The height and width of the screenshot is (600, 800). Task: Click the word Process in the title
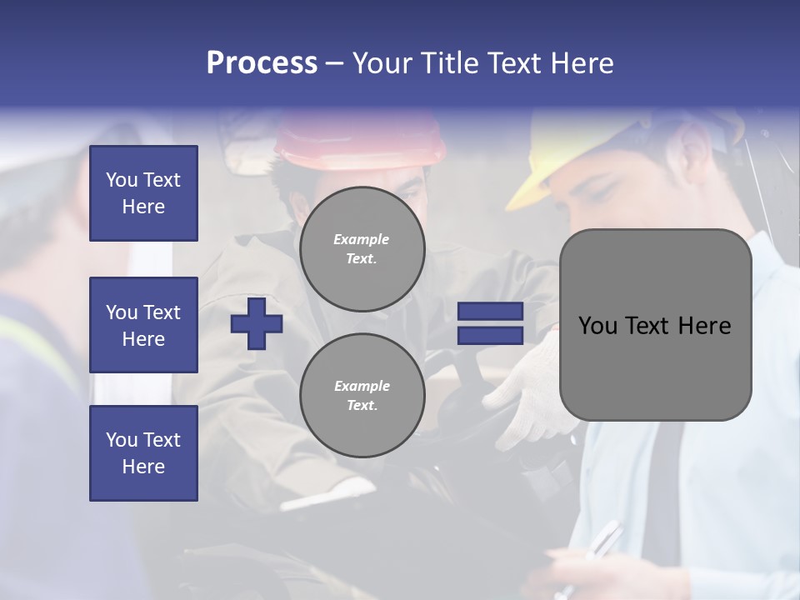tap(262, 63)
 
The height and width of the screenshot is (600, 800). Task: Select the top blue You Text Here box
tap(143, 193)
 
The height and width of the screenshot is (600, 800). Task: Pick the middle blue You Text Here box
tap(143, 325)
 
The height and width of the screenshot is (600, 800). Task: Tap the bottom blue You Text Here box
tap(143, 453)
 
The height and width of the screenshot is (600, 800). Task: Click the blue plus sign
tap(257, 323)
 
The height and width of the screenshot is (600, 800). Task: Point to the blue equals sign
tap(490, 323)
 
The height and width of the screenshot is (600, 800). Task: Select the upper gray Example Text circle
tap(362, 249)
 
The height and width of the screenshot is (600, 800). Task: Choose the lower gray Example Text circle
tap(362, 396)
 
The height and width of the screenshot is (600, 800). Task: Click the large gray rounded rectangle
tap(655, 325)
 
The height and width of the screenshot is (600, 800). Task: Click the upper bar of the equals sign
tap(490, 311)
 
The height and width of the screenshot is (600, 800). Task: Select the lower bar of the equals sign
tap(490, 335)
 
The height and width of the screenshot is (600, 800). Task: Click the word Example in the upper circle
tap(361, 239)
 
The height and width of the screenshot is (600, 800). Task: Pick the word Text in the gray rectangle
tap(649, 325)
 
